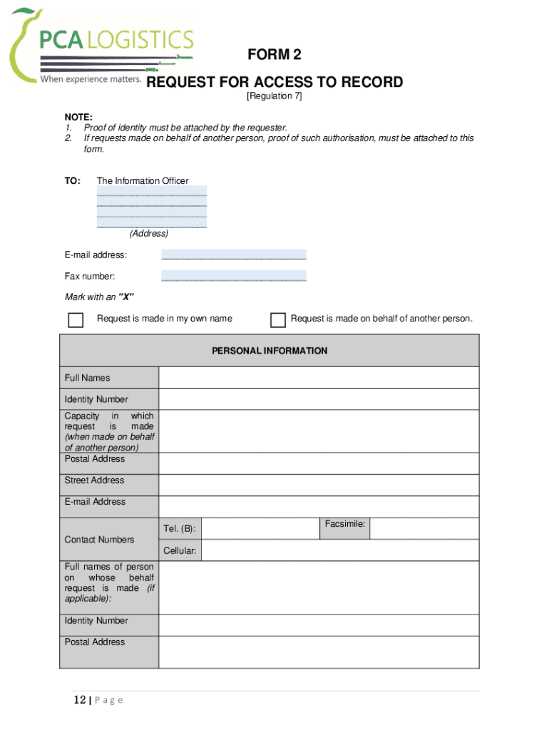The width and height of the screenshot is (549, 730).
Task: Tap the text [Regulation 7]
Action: click(x=274, y=96)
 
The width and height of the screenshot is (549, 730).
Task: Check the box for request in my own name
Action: click(x=76, y=319)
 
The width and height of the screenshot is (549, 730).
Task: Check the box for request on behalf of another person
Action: click(x=278, y=319)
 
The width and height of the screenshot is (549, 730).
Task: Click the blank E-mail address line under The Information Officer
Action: click(x=234, y=255)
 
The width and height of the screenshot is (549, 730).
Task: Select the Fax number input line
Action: click(x=234, y=276)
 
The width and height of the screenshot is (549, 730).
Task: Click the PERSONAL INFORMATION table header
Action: click(x=270, y=351)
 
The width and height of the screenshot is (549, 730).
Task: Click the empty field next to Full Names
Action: click(x=319, y=378)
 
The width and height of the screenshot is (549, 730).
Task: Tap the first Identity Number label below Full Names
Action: click(x=96, y=399)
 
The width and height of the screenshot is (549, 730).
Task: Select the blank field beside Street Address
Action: click(x=319, y=485)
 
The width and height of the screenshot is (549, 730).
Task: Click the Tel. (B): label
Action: click(x=180, y=529)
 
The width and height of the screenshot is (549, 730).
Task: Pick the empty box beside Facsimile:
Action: click(x=424, y=528)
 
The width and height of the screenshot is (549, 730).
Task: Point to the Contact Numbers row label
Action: click(x=99, y=540)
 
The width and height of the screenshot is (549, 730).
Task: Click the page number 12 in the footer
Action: click(x=79, y=700)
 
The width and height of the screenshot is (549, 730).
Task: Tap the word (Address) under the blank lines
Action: click(x=148, y=234)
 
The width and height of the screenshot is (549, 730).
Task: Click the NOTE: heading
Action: click(x=78, y=117)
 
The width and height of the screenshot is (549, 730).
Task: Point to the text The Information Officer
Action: click(x=143, y=181)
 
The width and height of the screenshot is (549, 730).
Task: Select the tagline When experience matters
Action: click(x=91, y=79)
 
